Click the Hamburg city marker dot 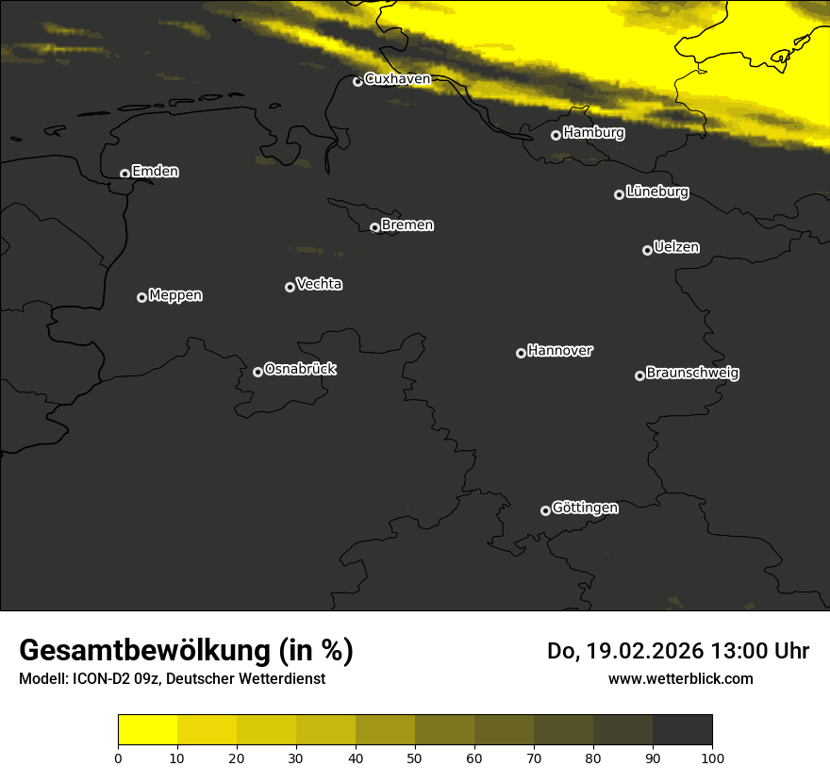(x=556, y=135)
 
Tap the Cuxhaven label (x=397, y=79)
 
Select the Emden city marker (x=124, y=174)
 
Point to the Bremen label (x=407, y=225)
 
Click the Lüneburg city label (x=656, y=192)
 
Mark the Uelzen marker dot (x=647, y=250)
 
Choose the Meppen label (x=175, y=295)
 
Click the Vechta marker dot (x=290, y=287)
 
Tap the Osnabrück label (x=300, y=369)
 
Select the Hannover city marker (x=521, y=353)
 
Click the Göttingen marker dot (x=545, y=510)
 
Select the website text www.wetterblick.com (x=680, y=678)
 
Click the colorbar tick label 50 (x=415, y=758)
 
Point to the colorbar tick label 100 (x=712, y=758)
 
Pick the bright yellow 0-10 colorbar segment (x=148, y=730)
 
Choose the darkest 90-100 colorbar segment (x=682, y=730)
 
